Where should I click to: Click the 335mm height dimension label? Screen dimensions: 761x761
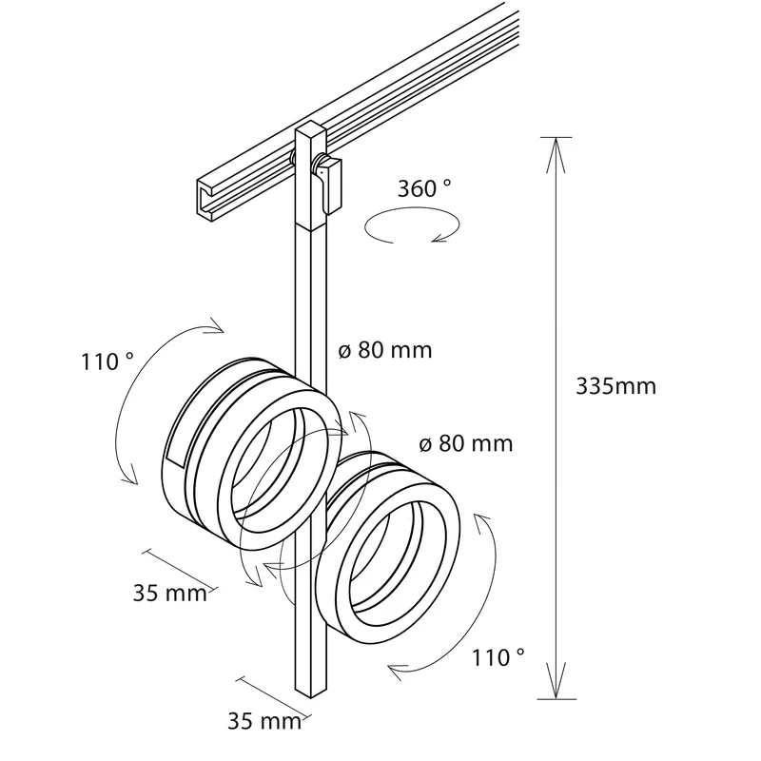(x=615, y=387)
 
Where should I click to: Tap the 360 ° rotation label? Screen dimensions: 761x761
(x=424, y=188)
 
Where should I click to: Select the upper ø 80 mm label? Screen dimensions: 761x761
(x=385, y=350)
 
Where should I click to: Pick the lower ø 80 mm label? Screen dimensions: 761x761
(x=465, y=443)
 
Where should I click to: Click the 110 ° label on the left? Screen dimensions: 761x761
(x=107, y=361)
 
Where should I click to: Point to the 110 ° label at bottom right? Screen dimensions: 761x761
(x=498, y=658)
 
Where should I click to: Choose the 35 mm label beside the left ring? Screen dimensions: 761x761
(x=170, y=593)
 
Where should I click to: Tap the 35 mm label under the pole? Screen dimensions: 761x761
(x=264, y=721)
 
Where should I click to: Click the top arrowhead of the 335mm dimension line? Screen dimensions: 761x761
(x=556, y=154)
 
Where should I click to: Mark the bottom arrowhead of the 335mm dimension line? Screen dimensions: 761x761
(x=556, y=681)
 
